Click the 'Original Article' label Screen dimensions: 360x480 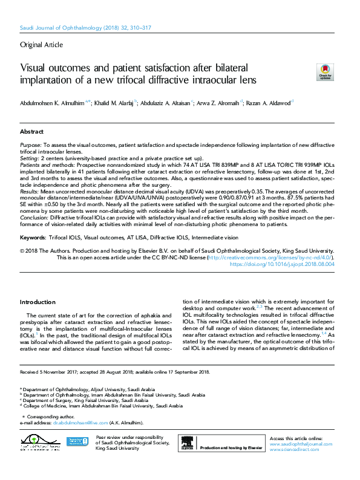coord(41,45)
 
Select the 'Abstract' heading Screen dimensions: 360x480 coord(31,131)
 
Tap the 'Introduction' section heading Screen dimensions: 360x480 coord(38,302)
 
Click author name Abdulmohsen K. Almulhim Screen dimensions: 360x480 coord(54,103)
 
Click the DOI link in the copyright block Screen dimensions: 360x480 coord(283,264)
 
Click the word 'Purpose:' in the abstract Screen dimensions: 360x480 coord(30,146)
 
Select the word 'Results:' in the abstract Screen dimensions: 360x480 coord(30,191)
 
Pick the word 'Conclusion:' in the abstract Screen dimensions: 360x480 coord(34,217)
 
